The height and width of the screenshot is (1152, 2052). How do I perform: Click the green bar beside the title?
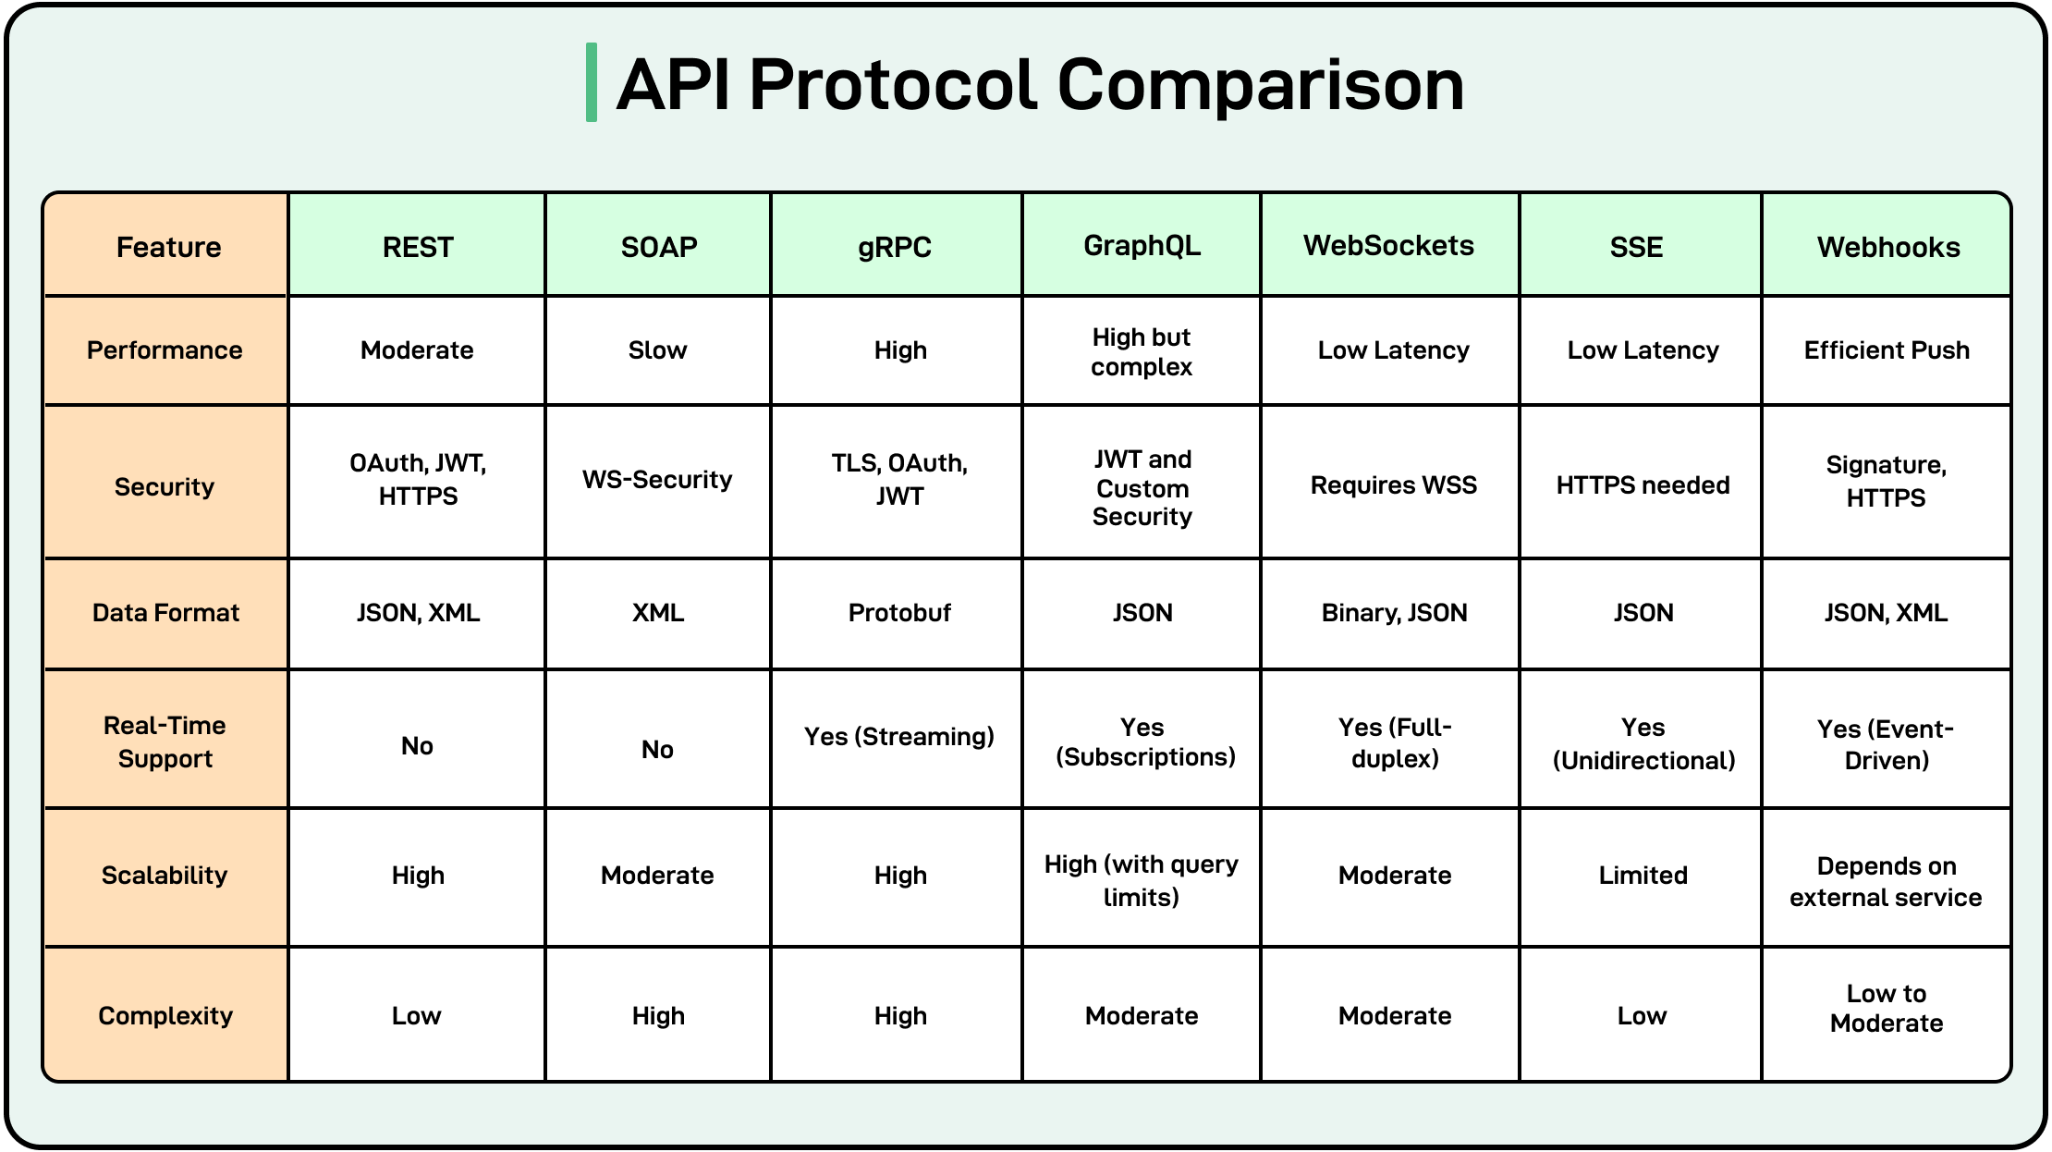[592, 82]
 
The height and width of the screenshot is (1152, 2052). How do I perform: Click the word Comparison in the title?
[1260, 85]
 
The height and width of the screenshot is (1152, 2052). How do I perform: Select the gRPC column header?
[895, 247]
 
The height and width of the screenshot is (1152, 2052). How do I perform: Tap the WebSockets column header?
[1388, 246]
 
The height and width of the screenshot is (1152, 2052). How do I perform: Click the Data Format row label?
[165, 612]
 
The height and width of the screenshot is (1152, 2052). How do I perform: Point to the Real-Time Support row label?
[165, 741]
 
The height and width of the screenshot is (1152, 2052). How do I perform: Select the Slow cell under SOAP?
[657, 350]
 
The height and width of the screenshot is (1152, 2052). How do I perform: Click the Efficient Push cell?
[1886, 350]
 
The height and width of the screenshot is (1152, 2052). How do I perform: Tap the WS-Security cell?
[657, 480]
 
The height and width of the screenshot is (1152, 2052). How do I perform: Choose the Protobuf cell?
[899, 613]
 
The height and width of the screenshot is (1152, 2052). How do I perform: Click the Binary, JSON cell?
[1394, 613]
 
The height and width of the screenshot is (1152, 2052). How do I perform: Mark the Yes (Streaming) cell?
[898, 737]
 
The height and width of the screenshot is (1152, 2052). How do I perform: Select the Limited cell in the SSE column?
[1643, 876]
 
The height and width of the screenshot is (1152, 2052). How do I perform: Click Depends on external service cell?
[1886, 881]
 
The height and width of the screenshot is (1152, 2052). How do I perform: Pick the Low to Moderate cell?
[1886, 1008]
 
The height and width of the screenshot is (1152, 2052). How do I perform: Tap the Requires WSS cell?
[1393, 485]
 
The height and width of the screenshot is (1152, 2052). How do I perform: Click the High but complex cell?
[1142, 351]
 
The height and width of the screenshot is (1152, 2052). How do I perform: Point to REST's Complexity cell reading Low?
[416, 1016]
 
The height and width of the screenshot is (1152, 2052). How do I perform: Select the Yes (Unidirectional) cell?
[1643, 743]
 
